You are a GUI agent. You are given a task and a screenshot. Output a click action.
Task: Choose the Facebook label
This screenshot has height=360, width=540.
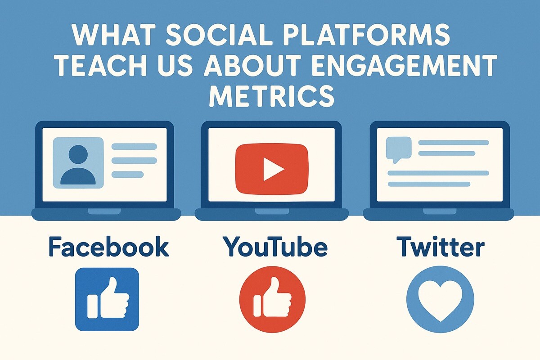click(108, 247)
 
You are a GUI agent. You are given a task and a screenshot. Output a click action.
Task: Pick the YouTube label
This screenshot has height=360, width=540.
click(275, 247)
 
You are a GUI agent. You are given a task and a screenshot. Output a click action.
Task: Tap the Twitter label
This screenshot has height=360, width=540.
click(441, 247)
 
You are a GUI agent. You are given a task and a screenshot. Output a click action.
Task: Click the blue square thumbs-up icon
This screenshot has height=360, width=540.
click(107, 299)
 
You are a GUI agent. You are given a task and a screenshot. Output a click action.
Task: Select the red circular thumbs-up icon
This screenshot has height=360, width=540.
click(272, 299)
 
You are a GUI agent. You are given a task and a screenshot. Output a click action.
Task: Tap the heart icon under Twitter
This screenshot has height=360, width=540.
click(440, 300)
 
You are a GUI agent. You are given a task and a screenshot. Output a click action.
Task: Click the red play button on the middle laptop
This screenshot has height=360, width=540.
click(272, 169)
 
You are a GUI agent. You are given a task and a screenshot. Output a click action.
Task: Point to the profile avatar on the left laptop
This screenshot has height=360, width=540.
click(78, 163)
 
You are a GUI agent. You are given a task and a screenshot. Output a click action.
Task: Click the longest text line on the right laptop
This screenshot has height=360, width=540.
click(438, 173)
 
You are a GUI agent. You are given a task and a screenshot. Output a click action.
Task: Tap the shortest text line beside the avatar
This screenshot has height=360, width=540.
click(127, 174)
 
